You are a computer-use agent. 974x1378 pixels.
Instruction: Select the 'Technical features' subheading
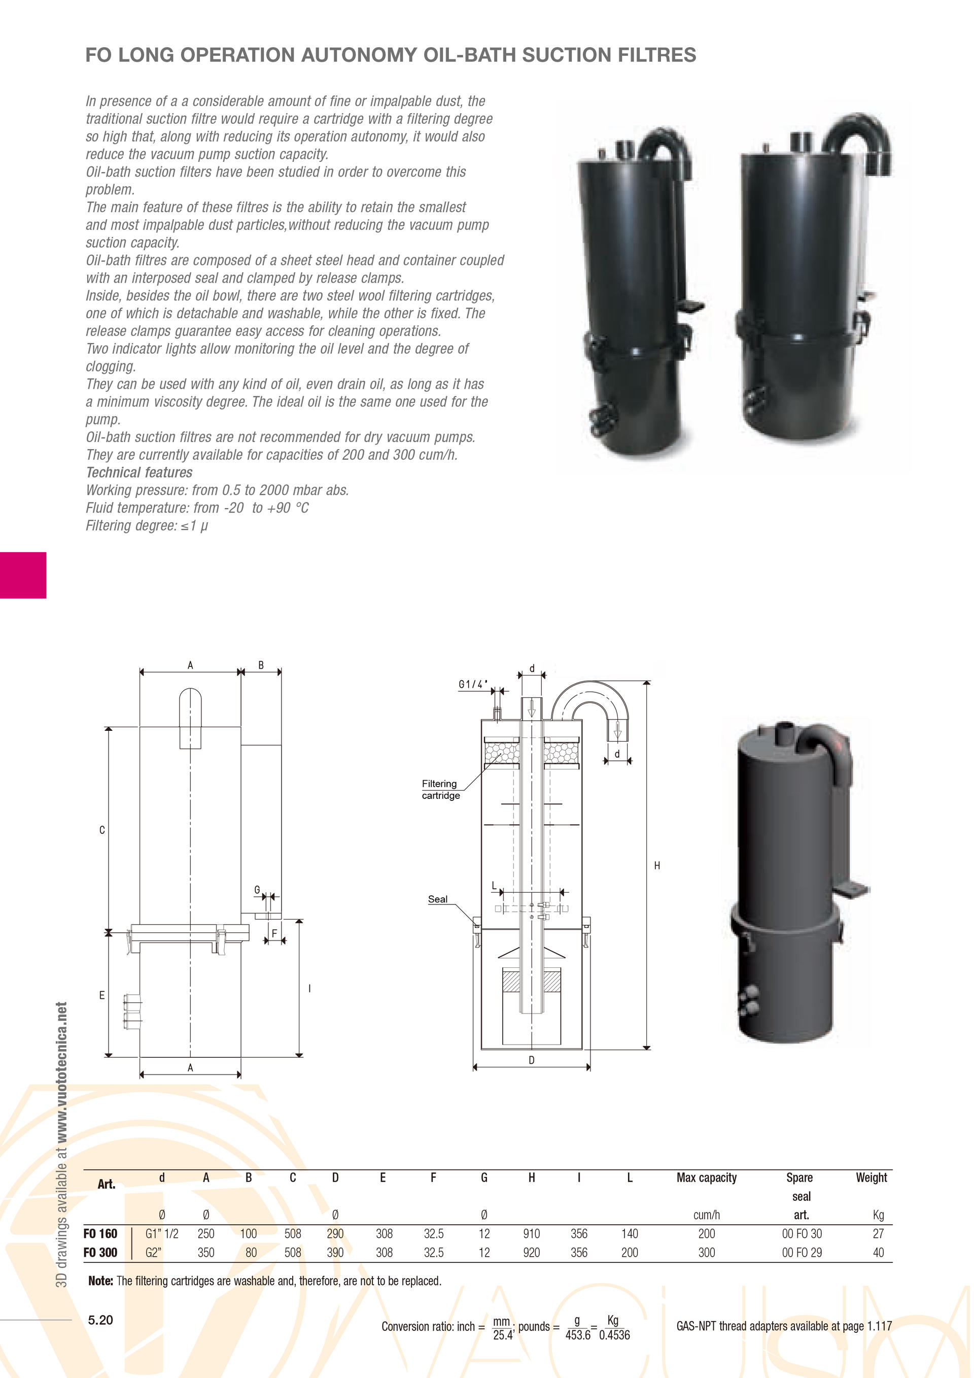coord(139,473)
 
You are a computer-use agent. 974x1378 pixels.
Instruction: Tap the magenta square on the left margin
coord(23,575)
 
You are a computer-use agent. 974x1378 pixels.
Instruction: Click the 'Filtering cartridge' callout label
coord(440,790)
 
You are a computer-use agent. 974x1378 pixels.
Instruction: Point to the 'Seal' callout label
coord(437,899)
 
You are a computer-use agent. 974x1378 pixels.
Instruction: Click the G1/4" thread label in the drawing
coord(473,684)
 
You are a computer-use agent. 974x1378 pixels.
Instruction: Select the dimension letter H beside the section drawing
coord(657,865)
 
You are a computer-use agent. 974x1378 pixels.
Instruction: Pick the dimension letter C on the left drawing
coord(102,830)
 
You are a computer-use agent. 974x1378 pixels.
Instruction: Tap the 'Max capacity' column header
coord(707,1178)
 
